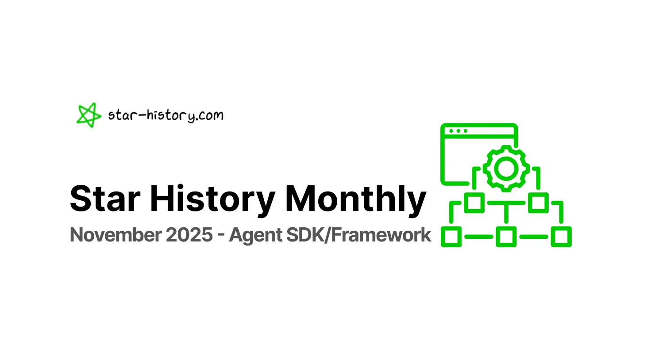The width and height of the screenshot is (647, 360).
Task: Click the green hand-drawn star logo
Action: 89,115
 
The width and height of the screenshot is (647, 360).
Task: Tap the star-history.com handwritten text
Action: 166,115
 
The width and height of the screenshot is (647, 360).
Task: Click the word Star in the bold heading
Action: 104,199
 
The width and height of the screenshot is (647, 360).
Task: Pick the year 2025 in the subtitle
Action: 189,235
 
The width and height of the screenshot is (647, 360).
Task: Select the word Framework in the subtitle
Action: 381,235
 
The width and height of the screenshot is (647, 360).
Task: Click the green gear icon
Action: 506,168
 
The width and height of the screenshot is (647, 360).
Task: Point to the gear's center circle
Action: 506,168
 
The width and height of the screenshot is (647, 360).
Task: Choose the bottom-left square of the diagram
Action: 451,237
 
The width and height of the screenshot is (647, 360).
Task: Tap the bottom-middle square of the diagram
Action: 506,237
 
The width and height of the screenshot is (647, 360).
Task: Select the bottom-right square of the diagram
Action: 561,237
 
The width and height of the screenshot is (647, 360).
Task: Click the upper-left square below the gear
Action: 474,203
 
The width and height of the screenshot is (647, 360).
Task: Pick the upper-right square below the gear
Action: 538,203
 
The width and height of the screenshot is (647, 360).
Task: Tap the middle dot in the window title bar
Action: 458,131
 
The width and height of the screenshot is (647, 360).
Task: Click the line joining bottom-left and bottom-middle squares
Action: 478,237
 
